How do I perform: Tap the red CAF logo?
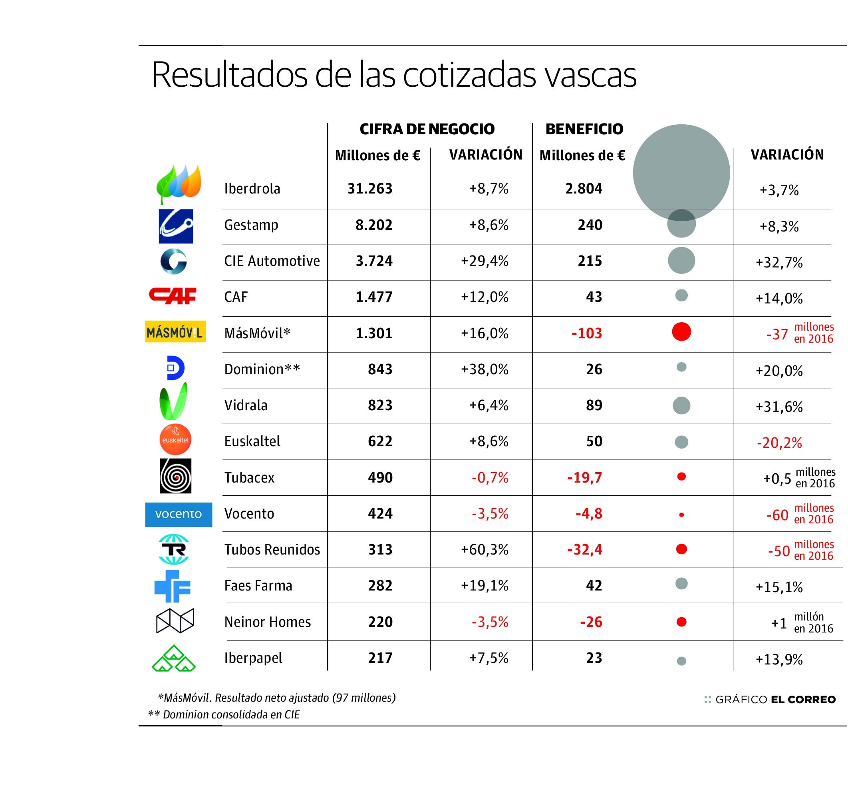173,296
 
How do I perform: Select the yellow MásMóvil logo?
175,332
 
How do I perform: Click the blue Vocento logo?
179,514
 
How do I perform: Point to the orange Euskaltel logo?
175,439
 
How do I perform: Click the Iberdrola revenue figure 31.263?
369,189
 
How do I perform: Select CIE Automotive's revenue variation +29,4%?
484,261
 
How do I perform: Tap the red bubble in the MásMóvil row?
681,332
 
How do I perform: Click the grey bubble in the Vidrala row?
681,405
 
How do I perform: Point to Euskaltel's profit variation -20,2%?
779,443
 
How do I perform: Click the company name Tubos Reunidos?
272,550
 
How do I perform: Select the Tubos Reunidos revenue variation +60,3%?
484,550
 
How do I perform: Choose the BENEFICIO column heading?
584,129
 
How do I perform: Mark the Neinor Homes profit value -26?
591,622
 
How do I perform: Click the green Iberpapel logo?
173,658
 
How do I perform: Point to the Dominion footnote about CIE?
224,714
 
